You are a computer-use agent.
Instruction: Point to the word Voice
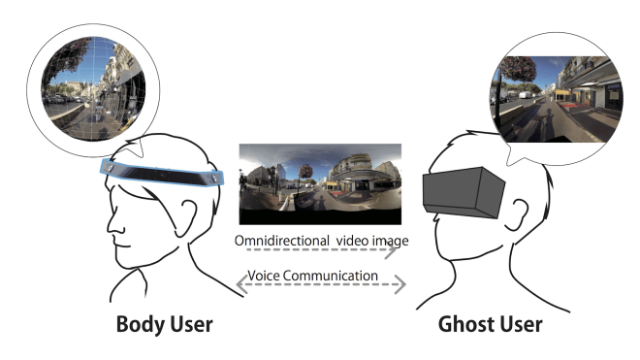(266, 276)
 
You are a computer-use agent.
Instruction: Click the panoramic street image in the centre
(319, 183)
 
